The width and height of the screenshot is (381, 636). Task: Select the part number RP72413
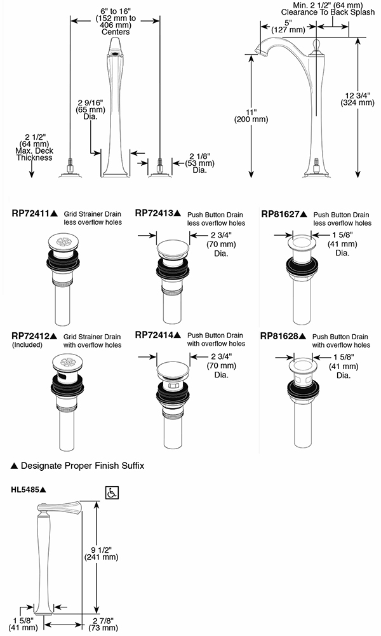[154, 214]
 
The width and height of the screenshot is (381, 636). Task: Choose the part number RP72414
[154, 335]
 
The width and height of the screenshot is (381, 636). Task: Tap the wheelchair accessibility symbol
[112, 492]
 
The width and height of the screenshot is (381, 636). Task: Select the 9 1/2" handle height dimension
[101, 552]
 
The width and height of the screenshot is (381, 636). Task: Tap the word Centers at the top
[116, 32]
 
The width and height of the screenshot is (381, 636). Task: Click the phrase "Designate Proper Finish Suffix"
[83, 466]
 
